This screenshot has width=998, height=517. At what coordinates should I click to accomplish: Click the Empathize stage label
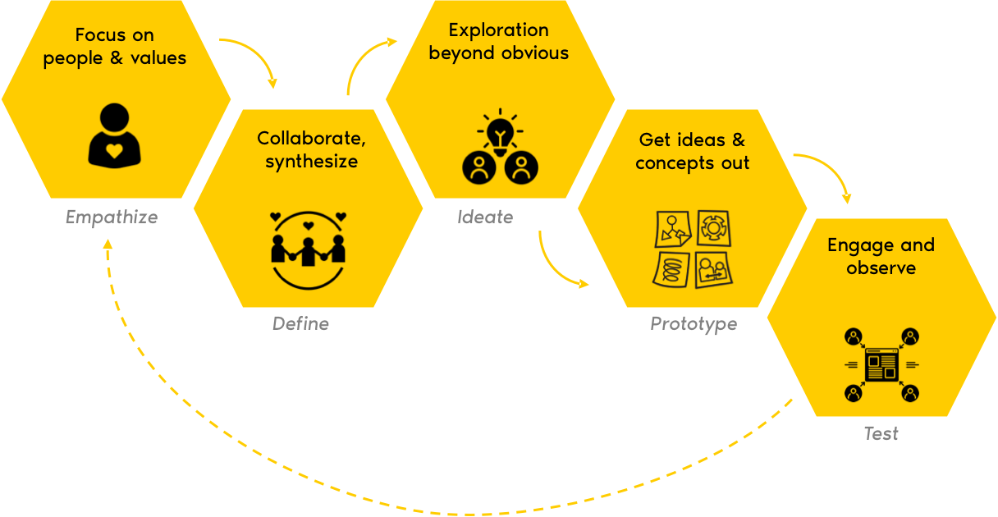coord(112,217)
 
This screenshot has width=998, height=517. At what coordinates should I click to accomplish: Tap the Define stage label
coord(300,323)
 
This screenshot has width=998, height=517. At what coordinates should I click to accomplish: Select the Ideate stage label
coord(485,217)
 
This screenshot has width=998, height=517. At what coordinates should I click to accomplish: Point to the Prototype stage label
coord(694,323)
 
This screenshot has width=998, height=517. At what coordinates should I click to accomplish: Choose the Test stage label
coord(881,433)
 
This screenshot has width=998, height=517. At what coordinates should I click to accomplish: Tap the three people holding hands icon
coord(308,249)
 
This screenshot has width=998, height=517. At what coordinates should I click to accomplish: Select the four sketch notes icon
coord(693,249)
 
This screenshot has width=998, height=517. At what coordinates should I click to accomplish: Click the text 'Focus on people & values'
coord(115,47)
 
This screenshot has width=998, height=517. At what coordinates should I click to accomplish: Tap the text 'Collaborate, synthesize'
coord(311,149)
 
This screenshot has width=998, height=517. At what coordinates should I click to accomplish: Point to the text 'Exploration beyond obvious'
coord(498,42)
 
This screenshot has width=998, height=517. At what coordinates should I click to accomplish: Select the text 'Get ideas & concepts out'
coord(692,151)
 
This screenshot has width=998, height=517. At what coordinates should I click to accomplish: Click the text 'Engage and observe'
coord(881,256)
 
